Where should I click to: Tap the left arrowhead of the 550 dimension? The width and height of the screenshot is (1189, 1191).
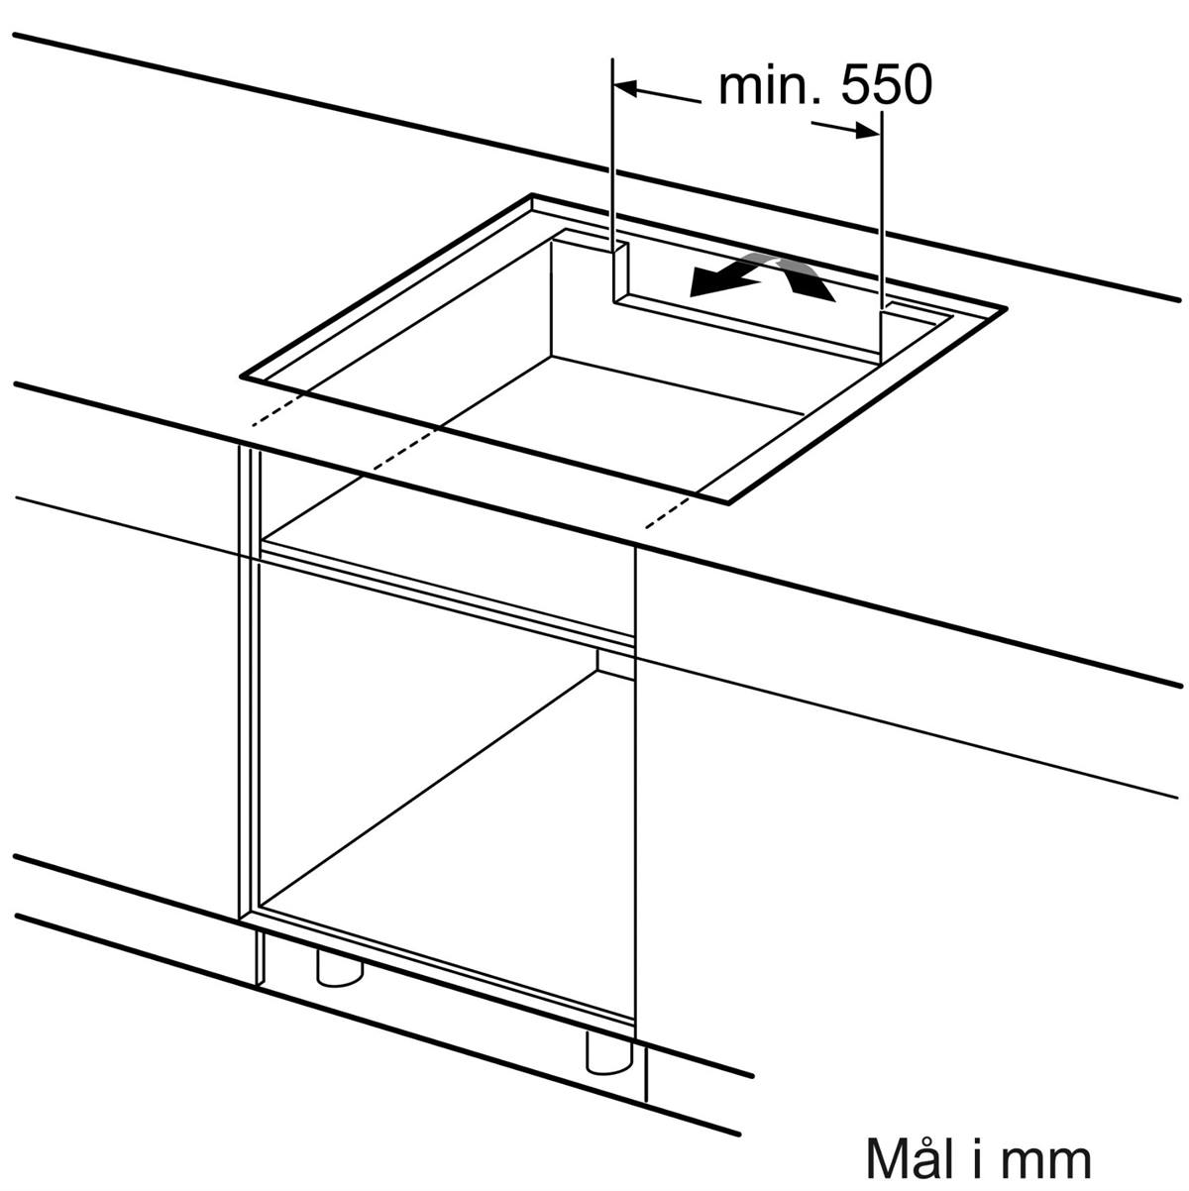click(x=624, y=88)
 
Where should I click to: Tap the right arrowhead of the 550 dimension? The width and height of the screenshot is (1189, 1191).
click(x=868, y=130)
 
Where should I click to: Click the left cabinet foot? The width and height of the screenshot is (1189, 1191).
click(x=340, y=968)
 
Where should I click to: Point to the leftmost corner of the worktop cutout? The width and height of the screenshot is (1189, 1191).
click(x=241, y=376)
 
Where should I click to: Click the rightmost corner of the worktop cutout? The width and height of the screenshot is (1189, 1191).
click(x=1007, y=308)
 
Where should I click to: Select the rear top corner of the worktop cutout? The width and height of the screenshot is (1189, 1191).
click(x=532, y=195)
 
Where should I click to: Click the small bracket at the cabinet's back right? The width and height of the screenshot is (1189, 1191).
click(x=615, y=664)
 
